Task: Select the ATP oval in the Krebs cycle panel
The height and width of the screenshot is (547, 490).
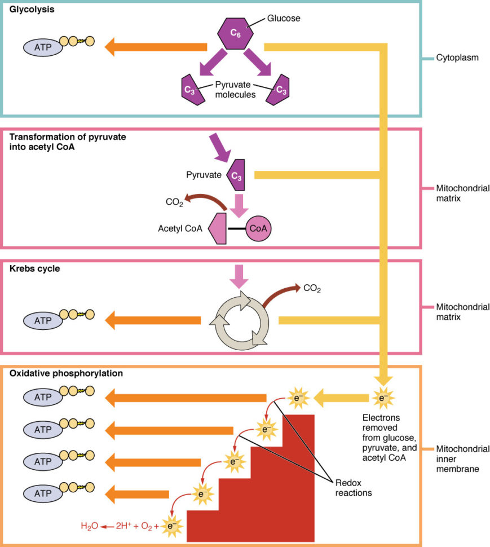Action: (x=43, y=320)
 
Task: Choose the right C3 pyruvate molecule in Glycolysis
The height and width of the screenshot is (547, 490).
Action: (x=279, y=89)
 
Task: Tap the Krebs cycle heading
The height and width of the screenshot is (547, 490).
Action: (x=35, y=269)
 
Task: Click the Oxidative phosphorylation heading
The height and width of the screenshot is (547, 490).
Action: (x=67, y=373)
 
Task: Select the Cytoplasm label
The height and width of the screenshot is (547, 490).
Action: (x=457, y=58)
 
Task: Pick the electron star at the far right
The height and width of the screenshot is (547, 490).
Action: (x=383, y=398)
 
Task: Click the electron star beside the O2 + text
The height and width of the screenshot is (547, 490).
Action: (x=172, y=526)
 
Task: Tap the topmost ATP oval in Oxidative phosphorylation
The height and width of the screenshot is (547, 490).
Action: (x=43, y=398)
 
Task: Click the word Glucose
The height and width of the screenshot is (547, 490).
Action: (x=285, y=18)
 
